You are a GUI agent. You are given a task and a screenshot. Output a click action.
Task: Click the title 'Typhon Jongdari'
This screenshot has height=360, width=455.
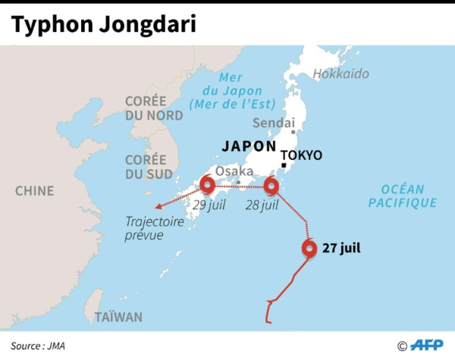click(x=103, y=24)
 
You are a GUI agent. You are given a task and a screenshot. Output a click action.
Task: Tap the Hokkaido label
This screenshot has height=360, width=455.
click(x=340, y=74)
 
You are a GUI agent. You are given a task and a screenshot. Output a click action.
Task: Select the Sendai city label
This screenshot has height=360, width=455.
click(x=274, y=122)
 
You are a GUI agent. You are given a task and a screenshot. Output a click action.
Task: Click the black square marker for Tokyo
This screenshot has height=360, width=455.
click(x=282, y=166)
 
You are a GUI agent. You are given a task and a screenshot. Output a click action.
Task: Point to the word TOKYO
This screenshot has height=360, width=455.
click(x=305, y=155)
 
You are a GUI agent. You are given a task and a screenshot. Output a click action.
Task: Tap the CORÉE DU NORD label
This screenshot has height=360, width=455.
click(x=155, y=108)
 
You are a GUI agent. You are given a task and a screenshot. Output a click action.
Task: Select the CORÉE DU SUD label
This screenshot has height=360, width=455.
click(x=145, y=167)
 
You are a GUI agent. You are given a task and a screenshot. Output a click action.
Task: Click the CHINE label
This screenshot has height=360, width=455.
click(x=35, y=190)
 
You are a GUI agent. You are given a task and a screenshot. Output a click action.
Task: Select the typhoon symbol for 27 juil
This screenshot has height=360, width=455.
click(x=309, y=249)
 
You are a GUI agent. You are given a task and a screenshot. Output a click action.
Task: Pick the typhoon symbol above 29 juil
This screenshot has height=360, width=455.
click(x=205, y=186)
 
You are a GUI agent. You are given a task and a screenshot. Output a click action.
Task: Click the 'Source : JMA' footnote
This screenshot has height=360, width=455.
click(x=37, y=346)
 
